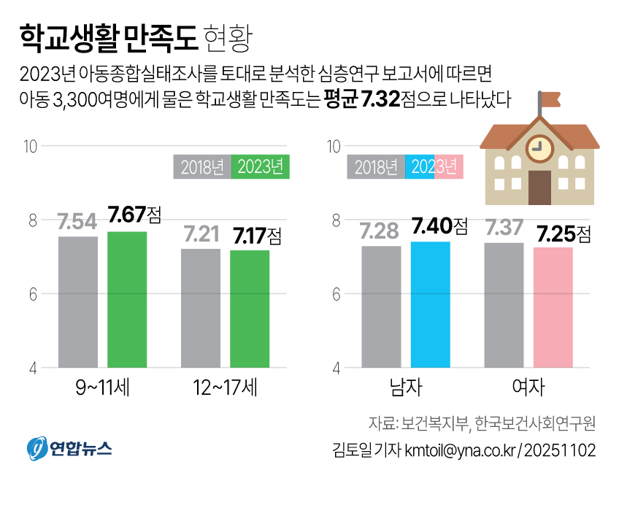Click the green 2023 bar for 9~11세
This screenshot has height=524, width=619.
click(127, 299)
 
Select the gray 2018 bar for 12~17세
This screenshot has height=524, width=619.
click(201, 307)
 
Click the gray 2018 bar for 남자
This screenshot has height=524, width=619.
click(381, 306)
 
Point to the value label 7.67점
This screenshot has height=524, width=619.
click(134, 215)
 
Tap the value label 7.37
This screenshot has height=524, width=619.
click(504, 227)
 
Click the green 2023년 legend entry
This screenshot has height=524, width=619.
click(261, 167)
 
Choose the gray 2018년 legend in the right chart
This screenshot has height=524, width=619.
click(376, 167)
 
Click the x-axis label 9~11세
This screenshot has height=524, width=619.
click(102, 388)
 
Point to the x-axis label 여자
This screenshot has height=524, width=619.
click(528, 388)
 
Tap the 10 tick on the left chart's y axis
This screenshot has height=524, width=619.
click(30, 146)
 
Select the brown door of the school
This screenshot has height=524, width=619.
click(539, 188)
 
